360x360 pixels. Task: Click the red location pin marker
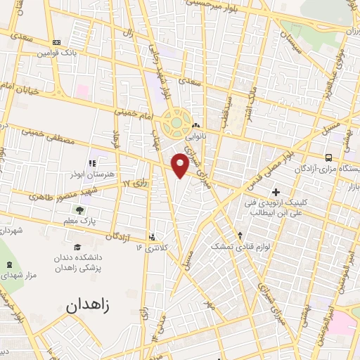181,165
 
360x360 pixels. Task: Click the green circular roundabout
175,125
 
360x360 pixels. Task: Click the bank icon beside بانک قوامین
56,43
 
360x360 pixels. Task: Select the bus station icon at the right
329,157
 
